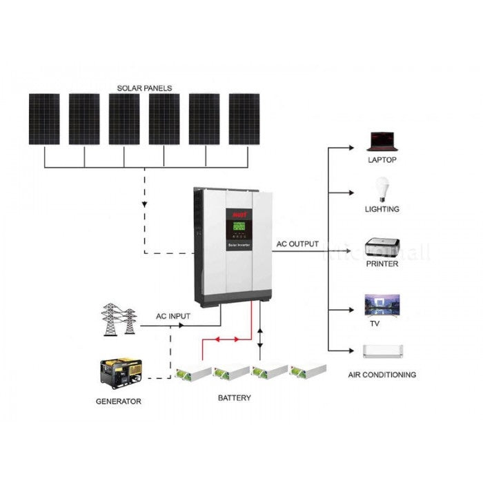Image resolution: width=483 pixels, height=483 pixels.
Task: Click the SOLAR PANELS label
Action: (144, 88)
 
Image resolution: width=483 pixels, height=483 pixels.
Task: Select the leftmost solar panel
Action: (44, 119)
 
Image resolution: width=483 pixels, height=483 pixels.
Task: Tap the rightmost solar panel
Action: (244, 119)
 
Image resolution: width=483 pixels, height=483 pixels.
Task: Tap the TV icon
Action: (382, 305)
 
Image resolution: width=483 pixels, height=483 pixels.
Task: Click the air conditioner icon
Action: (382, 351)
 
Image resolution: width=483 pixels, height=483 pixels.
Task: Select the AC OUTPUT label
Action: (297, 244)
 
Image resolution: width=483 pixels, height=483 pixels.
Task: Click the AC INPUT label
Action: (172, 316)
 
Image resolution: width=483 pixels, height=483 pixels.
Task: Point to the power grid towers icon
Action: (119, 319)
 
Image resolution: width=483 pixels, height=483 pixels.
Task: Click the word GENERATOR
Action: (119, 401)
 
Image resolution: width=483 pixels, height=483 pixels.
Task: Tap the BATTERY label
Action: (235, 398)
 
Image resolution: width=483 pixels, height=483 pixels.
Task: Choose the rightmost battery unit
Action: (308, 371)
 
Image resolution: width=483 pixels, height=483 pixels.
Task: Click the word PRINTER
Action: (382, 264)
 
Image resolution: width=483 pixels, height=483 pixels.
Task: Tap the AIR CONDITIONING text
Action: (382, 375)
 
